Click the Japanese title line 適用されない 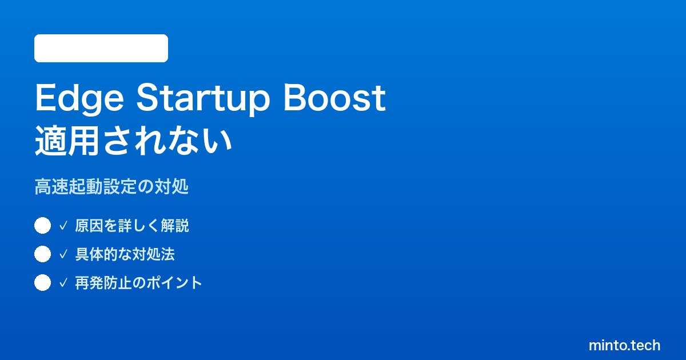click(x=133, y=142)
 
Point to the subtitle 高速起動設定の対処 click(x=111, y=186)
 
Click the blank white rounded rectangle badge click(x=101, y=49)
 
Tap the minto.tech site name click(x=624, y=345)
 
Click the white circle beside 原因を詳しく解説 click(x=42, y=226)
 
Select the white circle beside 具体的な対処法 click(x=42, y=254)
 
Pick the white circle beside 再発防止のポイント click(x=42, y=282)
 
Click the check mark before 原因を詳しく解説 click(x=63, y=226)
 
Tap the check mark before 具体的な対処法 click(x=63, y=254)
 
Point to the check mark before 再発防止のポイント click(x=63, y=283)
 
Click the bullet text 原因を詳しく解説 click(x=132, y=226)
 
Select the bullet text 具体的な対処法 click(x=125, y=254)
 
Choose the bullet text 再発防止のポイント click(x=138, y=283)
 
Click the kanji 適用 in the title click(x=67, y=142)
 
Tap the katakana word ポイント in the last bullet click(x=174, y=283)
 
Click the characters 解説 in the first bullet click(x=175, y=226)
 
